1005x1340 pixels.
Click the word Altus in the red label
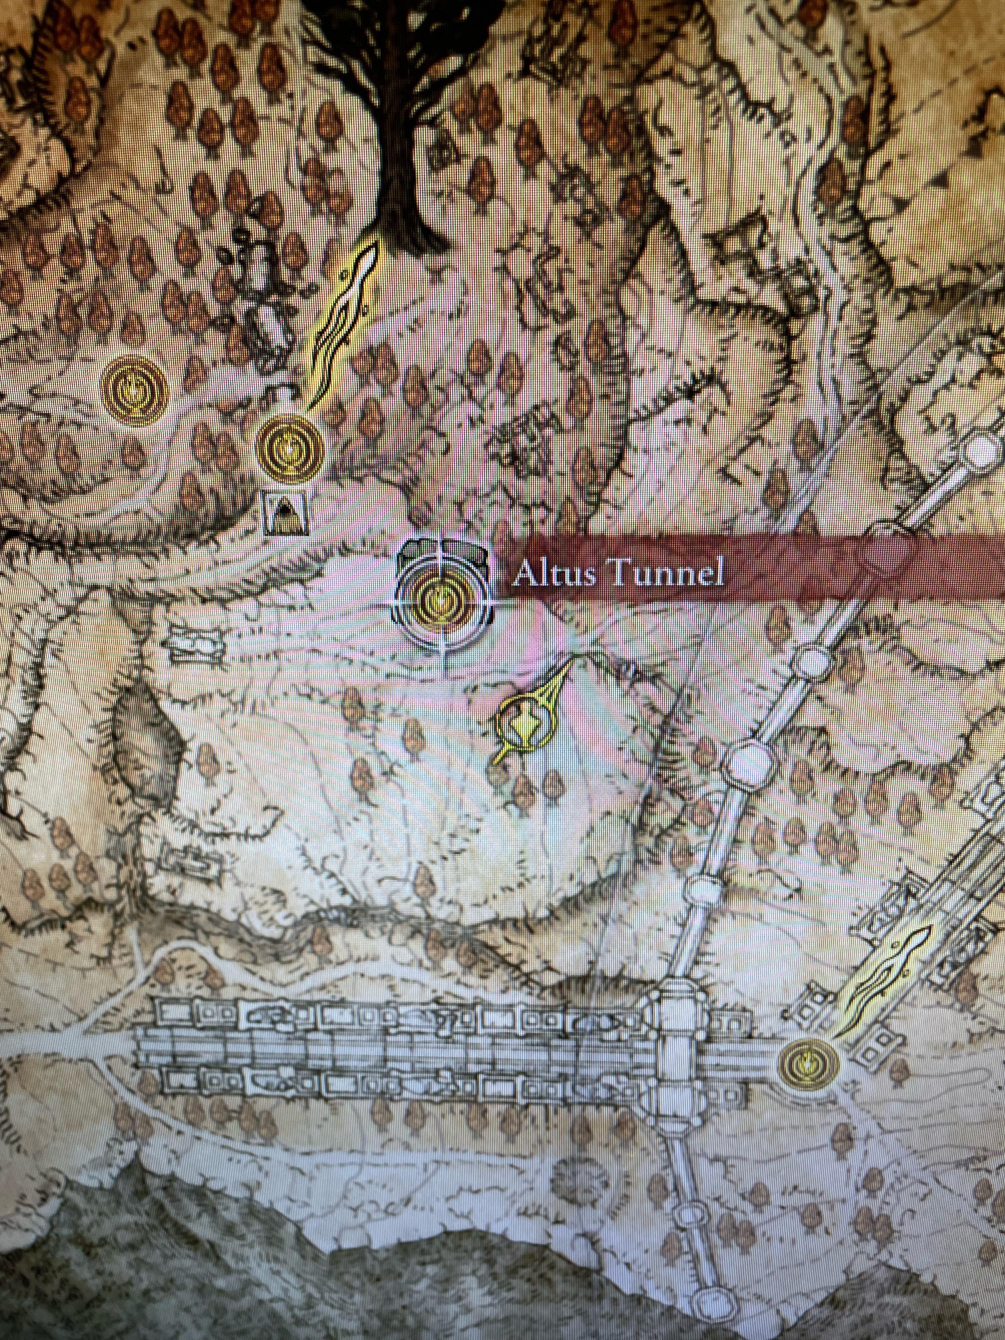point(557,574)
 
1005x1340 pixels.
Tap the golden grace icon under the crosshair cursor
point(444,600)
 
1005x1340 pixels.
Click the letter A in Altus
point(525,574)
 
